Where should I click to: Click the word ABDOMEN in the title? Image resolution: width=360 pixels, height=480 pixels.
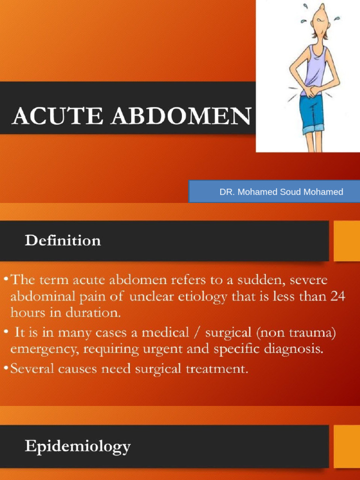click(181, 116)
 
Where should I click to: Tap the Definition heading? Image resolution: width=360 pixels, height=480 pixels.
click(63, 241)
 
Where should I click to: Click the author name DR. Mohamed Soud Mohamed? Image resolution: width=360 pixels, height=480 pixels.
click(281, 192)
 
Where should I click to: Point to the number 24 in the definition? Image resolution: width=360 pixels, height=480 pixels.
click(335, 296)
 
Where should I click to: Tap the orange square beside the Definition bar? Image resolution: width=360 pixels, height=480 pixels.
click(346, 241)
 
